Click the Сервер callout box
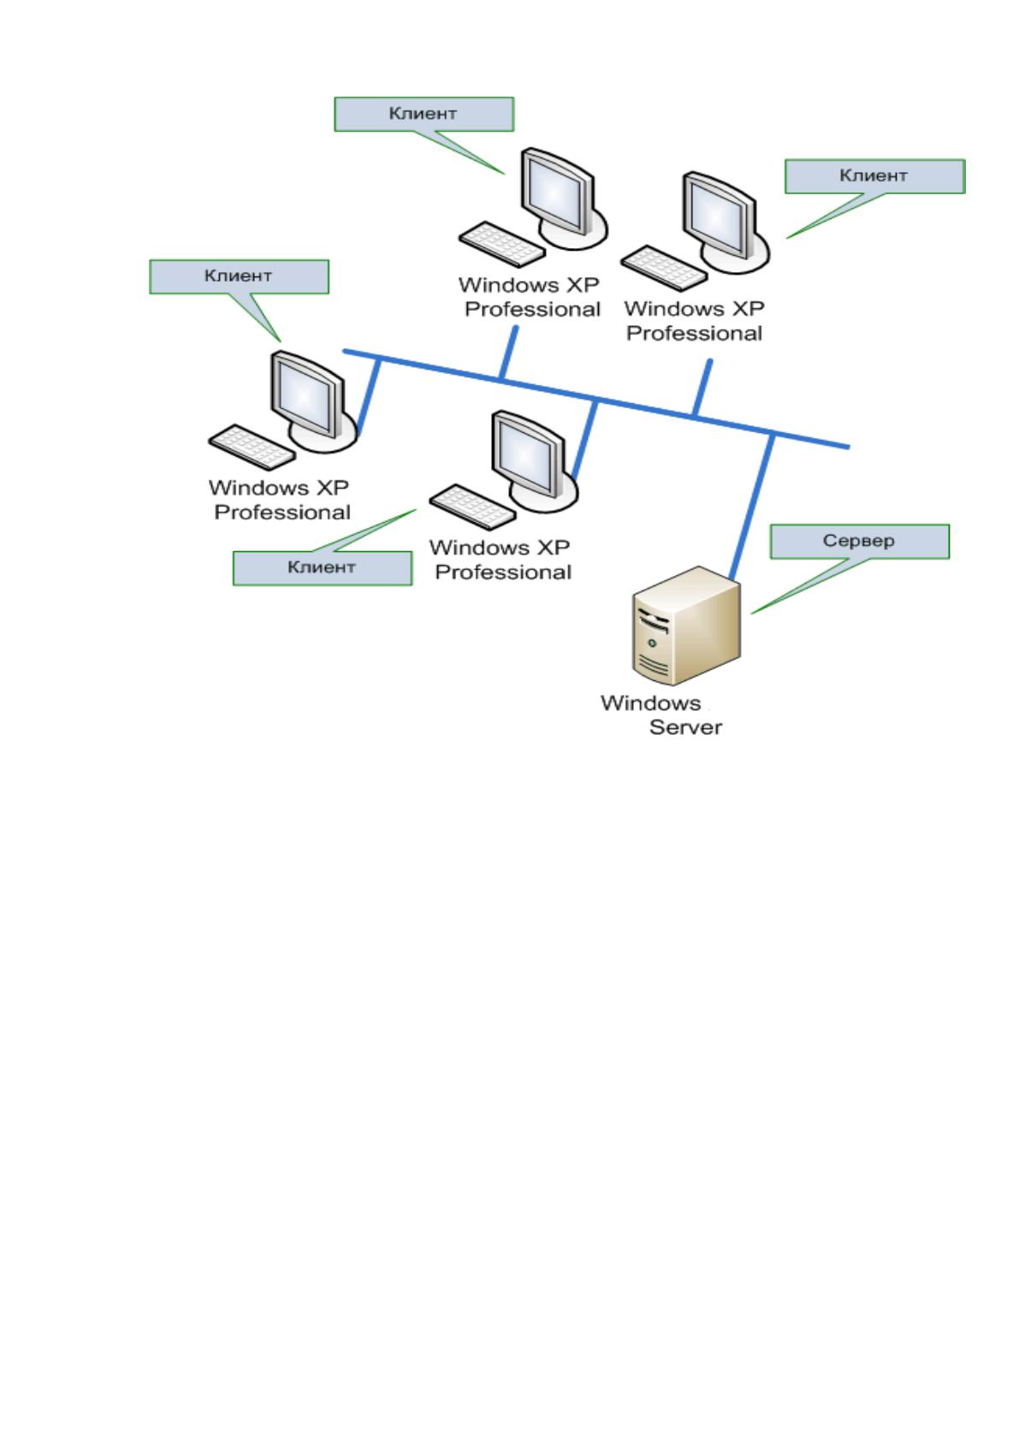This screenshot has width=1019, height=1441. [x=860, y=541]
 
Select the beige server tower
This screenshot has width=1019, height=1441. [x=686, y=626]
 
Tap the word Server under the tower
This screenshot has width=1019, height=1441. [x=685, y=727]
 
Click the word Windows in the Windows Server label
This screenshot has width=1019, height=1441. [x=650, y=703]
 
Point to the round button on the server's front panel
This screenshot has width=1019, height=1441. [x=652, y=643]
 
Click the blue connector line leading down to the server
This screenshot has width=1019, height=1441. [x=750, y=506]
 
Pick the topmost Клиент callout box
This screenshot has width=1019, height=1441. [x=424, y=114]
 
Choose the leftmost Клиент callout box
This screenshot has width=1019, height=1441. [x=239, y=276]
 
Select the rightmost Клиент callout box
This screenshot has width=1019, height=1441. [x=875, y=176]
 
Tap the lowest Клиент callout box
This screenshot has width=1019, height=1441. [x=323, y=568]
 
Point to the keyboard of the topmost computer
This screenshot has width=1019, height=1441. [x=501, y=244]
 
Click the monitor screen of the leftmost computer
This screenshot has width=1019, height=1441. [x=305, y=393]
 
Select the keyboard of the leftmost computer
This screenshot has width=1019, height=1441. [x=252, y=447]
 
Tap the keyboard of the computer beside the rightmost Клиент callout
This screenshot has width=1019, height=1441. [x=664, y=268]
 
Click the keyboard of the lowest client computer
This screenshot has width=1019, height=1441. [x=473, y=507]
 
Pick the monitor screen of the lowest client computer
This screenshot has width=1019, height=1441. [x=525, y=453]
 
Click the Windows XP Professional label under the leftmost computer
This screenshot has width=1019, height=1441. [x=280, y=500]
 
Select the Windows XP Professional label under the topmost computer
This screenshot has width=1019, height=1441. [x=530, y=297]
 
